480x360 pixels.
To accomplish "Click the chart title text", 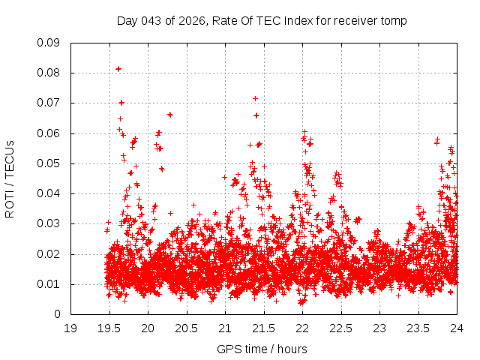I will click(262, 20).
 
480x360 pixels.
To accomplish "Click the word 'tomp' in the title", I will click(394, 20).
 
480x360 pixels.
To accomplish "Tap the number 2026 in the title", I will click(193, 20).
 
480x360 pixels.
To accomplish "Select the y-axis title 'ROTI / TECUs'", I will click(10, 178).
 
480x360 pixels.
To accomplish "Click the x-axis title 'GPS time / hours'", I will click(262, 349).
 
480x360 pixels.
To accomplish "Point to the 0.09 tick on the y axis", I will click(49, 43).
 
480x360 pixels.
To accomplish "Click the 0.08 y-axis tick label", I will click(49, 73).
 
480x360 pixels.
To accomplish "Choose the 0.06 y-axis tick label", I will click(49, 133).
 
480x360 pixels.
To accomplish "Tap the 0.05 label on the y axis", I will click(49, 163).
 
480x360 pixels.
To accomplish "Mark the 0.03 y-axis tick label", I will click(49, 223).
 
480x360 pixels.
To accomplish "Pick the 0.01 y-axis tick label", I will click(49, 284).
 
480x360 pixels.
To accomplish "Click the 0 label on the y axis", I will click(57, 314).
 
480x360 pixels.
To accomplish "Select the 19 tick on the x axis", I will click(70, 328).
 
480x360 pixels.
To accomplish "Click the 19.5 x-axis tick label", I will click(109, 328).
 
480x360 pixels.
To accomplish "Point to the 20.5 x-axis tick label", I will click(187, 328).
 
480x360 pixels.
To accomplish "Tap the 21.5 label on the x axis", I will click(264, 328).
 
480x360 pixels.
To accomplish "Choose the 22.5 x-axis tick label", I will click(341, 328).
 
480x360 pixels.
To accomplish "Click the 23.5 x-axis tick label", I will click(418, 328).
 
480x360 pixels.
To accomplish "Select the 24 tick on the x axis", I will click(457, 328).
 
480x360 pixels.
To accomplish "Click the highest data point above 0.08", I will click(118, 69).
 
